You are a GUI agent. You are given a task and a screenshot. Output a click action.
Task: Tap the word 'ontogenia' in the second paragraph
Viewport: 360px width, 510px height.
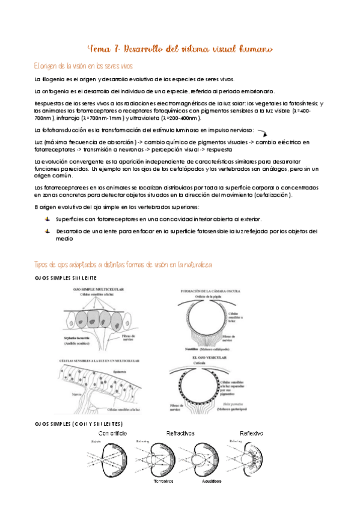(57, 91)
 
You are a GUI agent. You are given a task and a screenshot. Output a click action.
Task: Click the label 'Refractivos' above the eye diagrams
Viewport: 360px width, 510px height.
(183, 432)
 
